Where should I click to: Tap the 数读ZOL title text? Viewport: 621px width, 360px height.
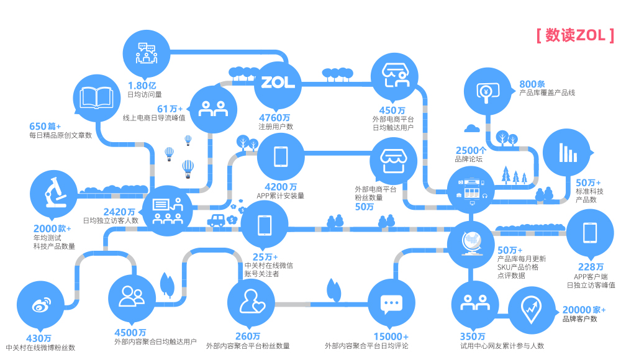575,36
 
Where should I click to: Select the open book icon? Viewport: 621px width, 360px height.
96,98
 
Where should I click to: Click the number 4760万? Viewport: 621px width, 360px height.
274,117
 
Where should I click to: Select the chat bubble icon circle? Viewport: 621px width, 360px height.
390,304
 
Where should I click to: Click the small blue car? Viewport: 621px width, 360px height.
216,220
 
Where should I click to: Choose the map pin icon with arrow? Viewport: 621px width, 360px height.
532,308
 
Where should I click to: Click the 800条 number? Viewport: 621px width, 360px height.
532,84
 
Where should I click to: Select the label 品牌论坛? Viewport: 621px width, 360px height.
469,159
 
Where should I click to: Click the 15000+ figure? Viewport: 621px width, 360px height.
391,336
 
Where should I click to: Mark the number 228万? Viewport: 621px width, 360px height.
591,268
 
